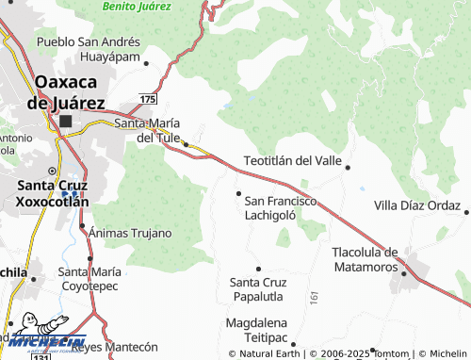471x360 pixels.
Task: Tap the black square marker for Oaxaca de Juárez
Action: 65,122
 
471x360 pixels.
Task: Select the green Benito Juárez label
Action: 138,6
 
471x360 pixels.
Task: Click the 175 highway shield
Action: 147,99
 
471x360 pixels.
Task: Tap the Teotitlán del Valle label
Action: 292,161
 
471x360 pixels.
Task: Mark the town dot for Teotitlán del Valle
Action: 348,168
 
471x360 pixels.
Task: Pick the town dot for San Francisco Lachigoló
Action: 237,193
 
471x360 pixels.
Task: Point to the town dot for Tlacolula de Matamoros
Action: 404,274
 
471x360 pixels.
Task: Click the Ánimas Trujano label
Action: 131,233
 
